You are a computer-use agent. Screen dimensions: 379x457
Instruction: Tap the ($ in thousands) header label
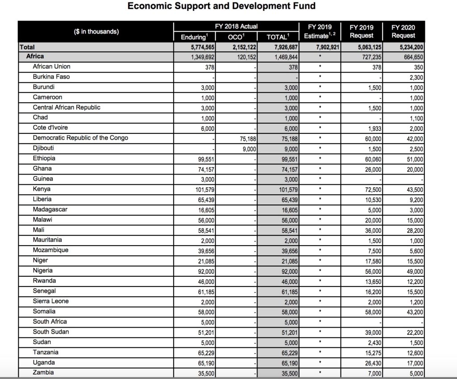[97, 32]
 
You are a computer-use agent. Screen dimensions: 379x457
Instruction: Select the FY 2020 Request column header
[403, 31]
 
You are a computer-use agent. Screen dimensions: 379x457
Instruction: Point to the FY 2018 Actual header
[236, 26]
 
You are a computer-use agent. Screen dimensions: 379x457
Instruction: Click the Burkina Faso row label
[51, 77]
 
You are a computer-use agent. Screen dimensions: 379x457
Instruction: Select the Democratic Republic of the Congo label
[80, 138]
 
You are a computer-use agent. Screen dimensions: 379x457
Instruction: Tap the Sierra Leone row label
[50, 301]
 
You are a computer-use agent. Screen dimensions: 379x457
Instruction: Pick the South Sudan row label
[50, 332]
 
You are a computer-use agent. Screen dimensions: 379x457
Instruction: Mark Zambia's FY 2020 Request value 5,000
[415, 373]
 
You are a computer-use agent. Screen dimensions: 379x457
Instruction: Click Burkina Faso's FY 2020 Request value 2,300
[415, 77]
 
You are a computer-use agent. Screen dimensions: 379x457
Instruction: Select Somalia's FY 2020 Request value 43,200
[413, 312]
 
